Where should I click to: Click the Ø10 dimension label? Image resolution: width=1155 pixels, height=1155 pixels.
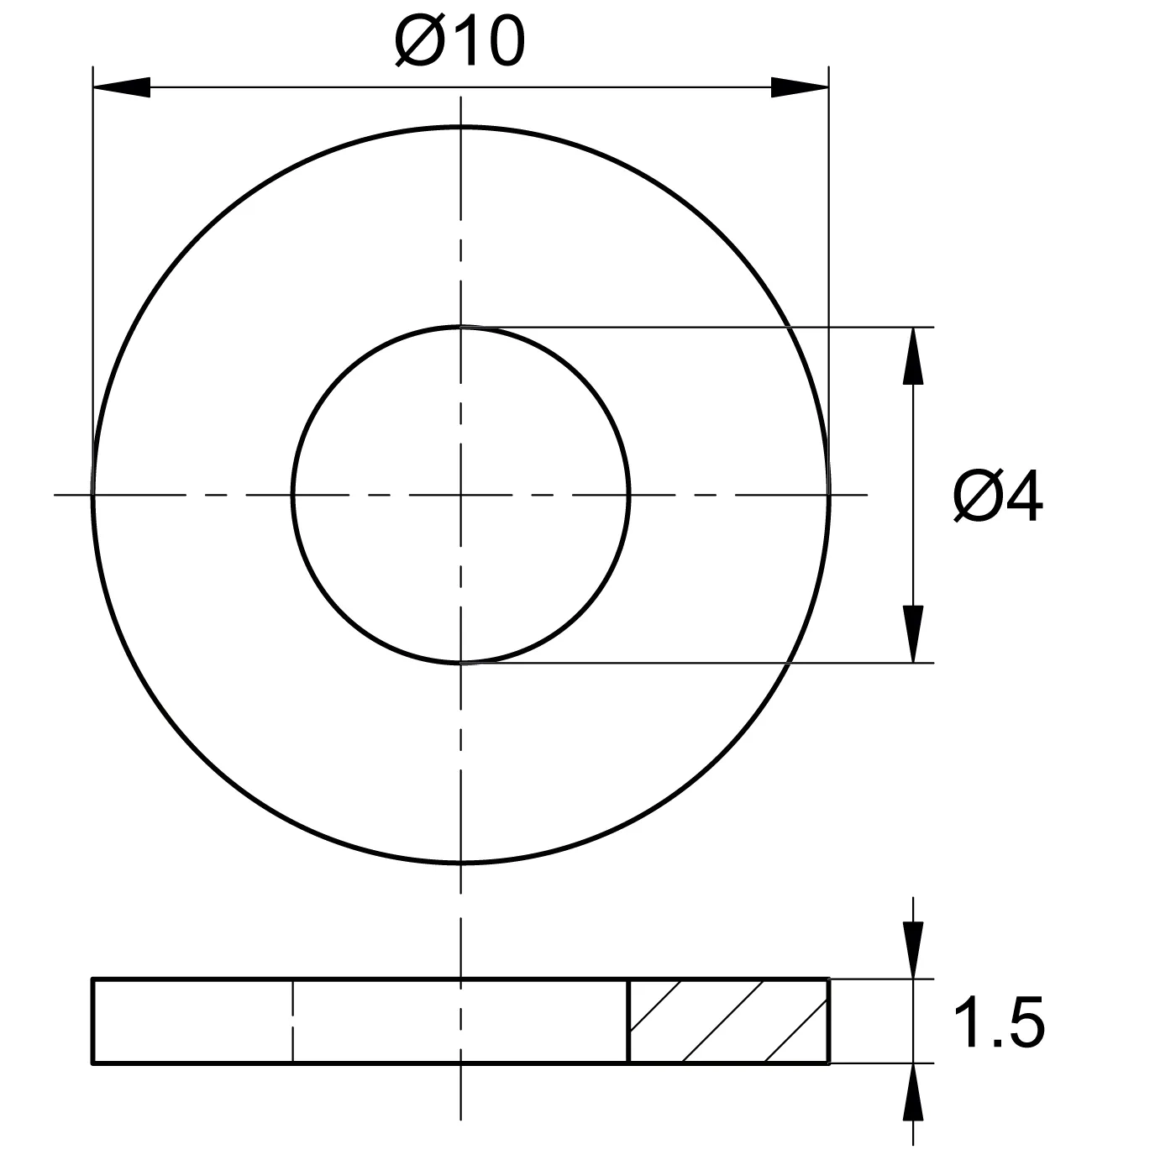point(459,41)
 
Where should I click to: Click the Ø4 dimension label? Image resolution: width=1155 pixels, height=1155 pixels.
point(998,496)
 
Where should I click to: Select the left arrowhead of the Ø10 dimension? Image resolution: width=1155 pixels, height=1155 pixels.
point(122,87)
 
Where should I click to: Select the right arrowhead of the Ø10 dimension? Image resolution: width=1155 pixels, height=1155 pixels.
point(800,87)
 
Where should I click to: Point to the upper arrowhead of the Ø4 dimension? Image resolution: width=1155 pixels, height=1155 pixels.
point(913,355)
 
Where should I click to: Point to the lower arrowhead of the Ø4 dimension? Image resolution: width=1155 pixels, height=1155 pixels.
point(913,634)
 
